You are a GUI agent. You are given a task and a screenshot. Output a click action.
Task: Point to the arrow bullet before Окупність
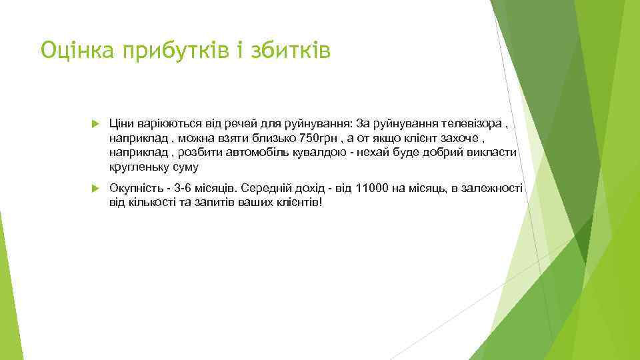(94, 189)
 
